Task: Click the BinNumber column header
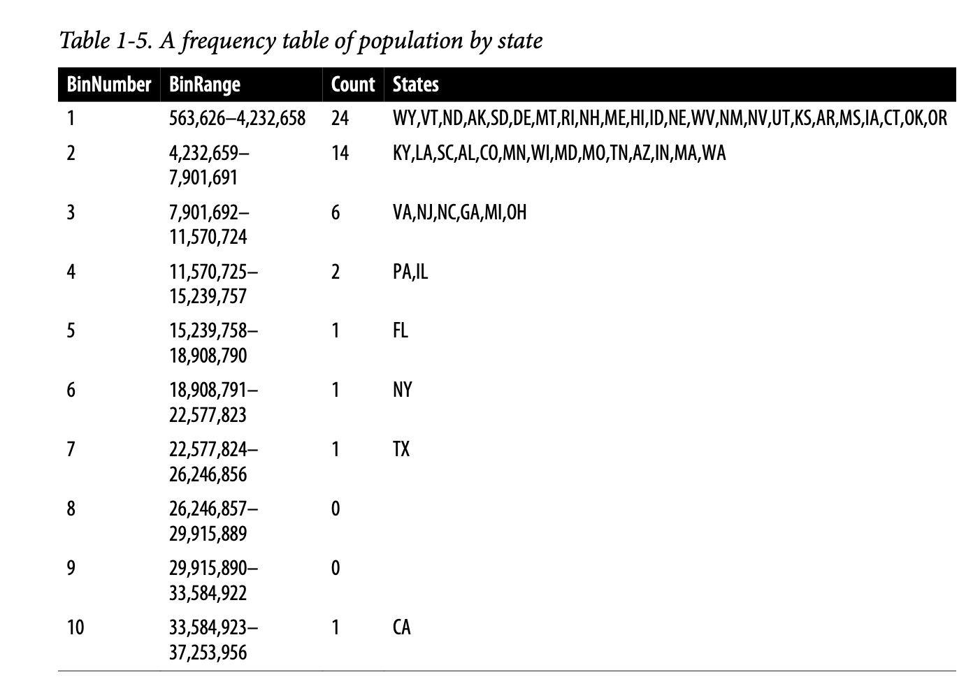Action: click(108, 85)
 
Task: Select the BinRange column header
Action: click(204, 85)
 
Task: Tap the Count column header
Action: click(352, 85)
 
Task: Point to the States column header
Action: click(415, 85)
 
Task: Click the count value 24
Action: click(340, 118)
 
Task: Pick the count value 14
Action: click(340, 153)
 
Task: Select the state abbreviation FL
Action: click(400, 330)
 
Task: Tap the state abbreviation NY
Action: click(402, 390)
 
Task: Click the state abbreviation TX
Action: click(401, 449)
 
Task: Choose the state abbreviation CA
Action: click(401, 627)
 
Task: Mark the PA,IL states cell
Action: click(410, 271)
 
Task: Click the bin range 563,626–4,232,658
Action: click(237, 118)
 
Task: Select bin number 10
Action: click(75, 627)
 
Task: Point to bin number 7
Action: click(71, 449)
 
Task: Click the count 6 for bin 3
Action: click(336, 212)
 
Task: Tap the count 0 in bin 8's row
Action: click(336, 509)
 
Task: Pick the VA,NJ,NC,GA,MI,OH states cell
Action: click(459, 212)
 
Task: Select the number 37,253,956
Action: click(208, 652)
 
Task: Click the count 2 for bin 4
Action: click(336, 271)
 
